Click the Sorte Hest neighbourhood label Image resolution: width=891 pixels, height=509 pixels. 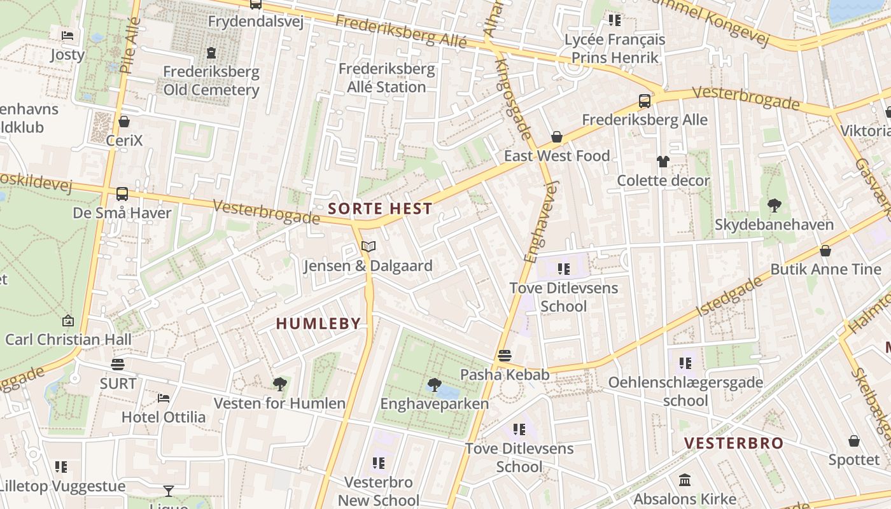click(x=380, y=209)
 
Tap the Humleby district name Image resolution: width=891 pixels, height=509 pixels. click(x=318, y=323)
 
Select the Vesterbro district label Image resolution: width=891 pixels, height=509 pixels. click(x=733, y=443)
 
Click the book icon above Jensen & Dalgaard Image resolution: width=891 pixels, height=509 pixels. click(x=368, y=246)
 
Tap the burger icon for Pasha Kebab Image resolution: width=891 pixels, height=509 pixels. click(x=505, y=355)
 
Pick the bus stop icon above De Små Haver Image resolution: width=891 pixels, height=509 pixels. click(x=122, y=193)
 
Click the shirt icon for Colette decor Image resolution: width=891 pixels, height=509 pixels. click(x=663, y=162)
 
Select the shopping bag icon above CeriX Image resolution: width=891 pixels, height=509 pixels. click(x=124, y=121)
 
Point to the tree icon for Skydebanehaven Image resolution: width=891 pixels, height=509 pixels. click(x=774, y=205)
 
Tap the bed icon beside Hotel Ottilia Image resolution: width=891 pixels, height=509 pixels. click(x=164, y=398)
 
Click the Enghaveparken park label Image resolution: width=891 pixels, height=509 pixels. click(x=434, y=404)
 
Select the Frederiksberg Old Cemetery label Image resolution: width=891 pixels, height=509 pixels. click(x=211, y=81)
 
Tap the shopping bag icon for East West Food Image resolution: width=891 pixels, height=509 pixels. click(x=557, y=137)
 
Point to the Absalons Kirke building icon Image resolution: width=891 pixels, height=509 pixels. click(x=685, y=480)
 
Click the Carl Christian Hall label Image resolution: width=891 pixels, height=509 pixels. click(x=68, y=340)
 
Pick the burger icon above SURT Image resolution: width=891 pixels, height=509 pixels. click(x=118, y=364)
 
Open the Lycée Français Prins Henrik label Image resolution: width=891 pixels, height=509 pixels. click(x=615, y=48)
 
